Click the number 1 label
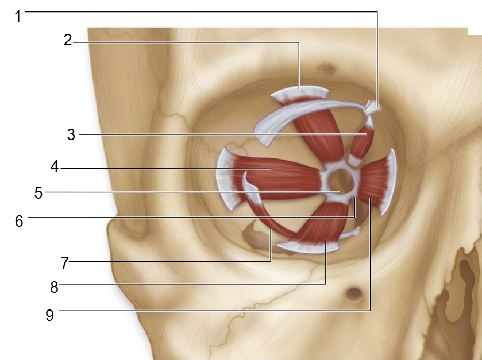click(18, 16)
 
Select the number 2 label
click(68, 40)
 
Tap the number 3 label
click(71, 134)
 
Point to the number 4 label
click(55, 166)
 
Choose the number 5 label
click(38, 193)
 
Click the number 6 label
click(19, 221)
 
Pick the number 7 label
click(64, 263)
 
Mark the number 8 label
click(54, 288)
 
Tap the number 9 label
click(49, 315)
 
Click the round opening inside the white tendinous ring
click(340, 181)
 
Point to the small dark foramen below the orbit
click(354, 293)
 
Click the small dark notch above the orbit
click(327, 68)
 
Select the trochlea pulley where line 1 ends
click(372, 107)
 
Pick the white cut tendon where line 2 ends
click(300, 93)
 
